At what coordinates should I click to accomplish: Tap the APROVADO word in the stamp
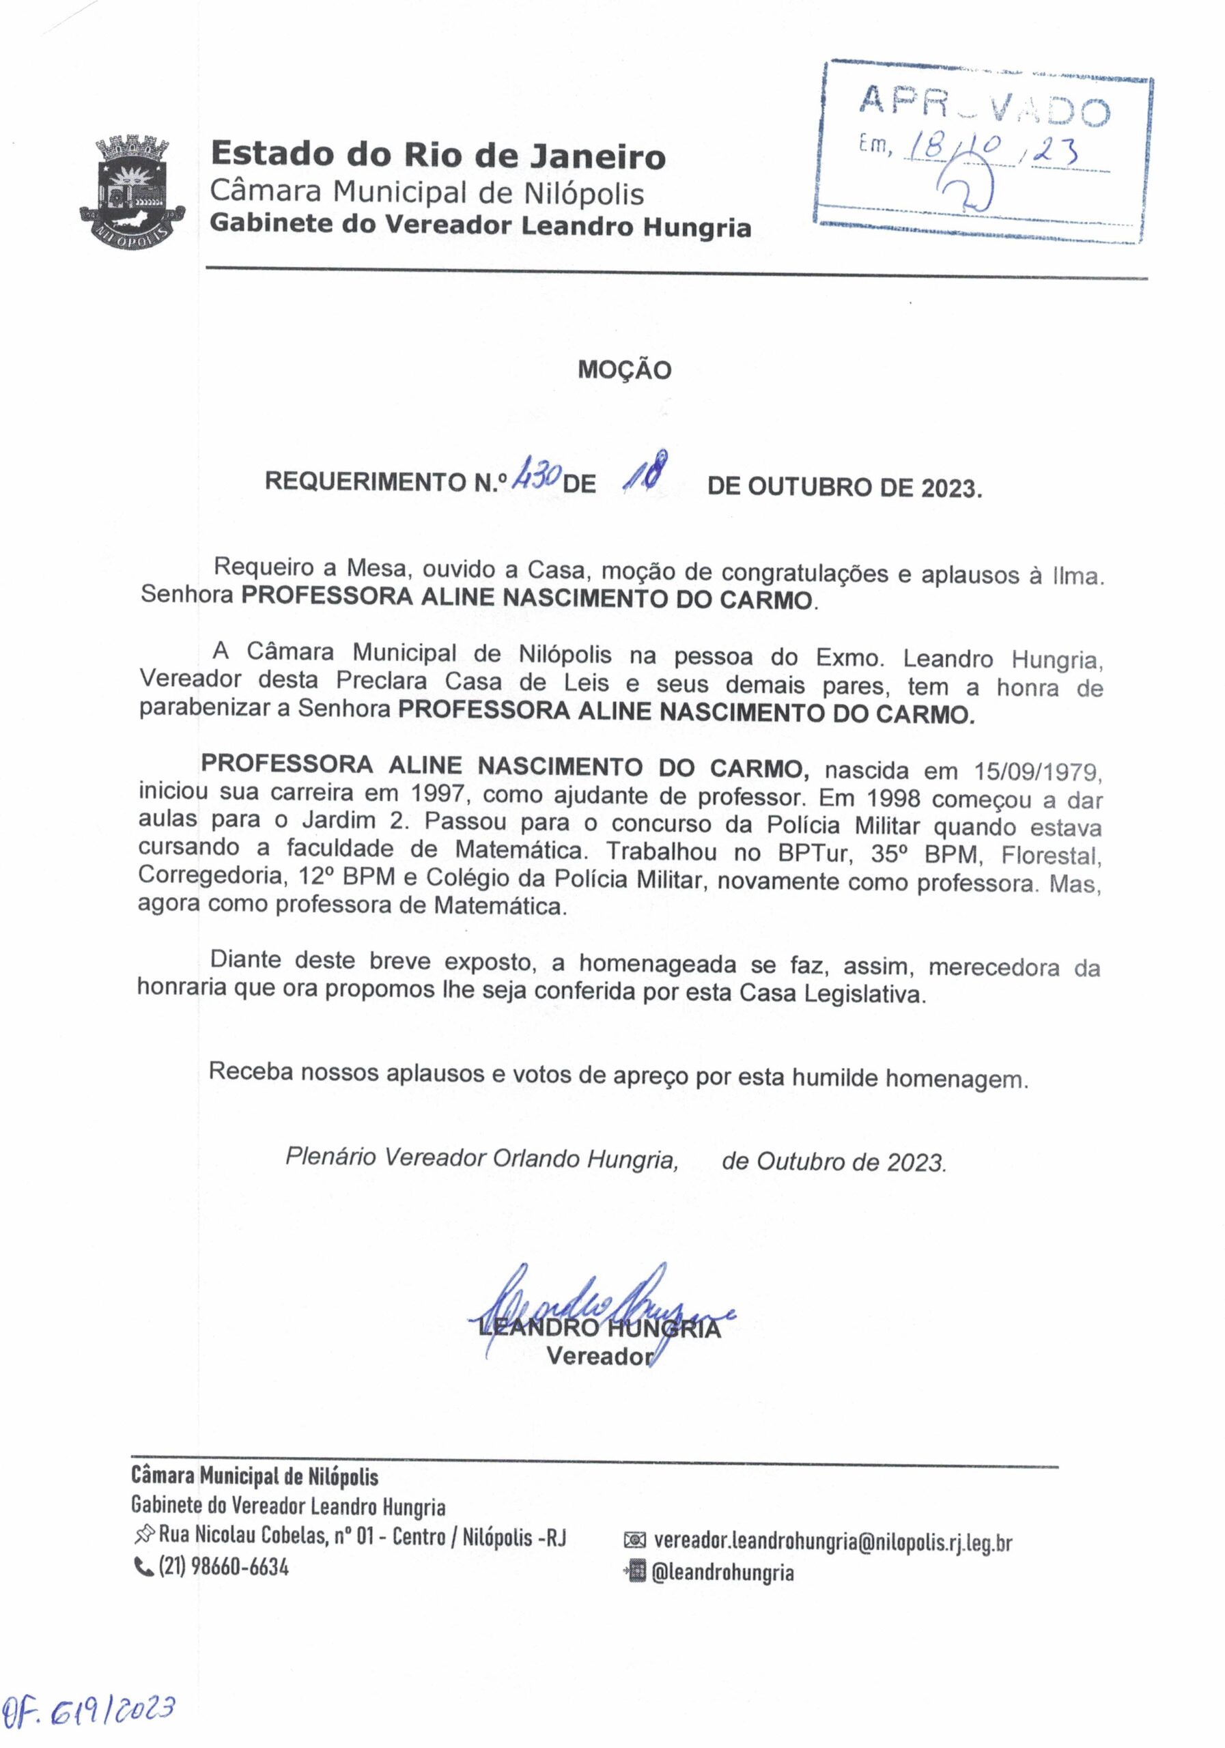(x=984, y=106)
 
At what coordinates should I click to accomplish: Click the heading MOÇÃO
(x=624, y=371)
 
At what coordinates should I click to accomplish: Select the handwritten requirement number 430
(x=537, y=476)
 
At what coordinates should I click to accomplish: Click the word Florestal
(x=1051, y=855)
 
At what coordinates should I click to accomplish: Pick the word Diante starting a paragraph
(x=244, y=960)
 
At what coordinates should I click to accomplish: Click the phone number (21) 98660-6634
(x=223, y=1567)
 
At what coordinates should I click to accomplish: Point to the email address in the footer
(x=832, y=1542)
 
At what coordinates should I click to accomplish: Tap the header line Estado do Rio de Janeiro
(x=438, y=155)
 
